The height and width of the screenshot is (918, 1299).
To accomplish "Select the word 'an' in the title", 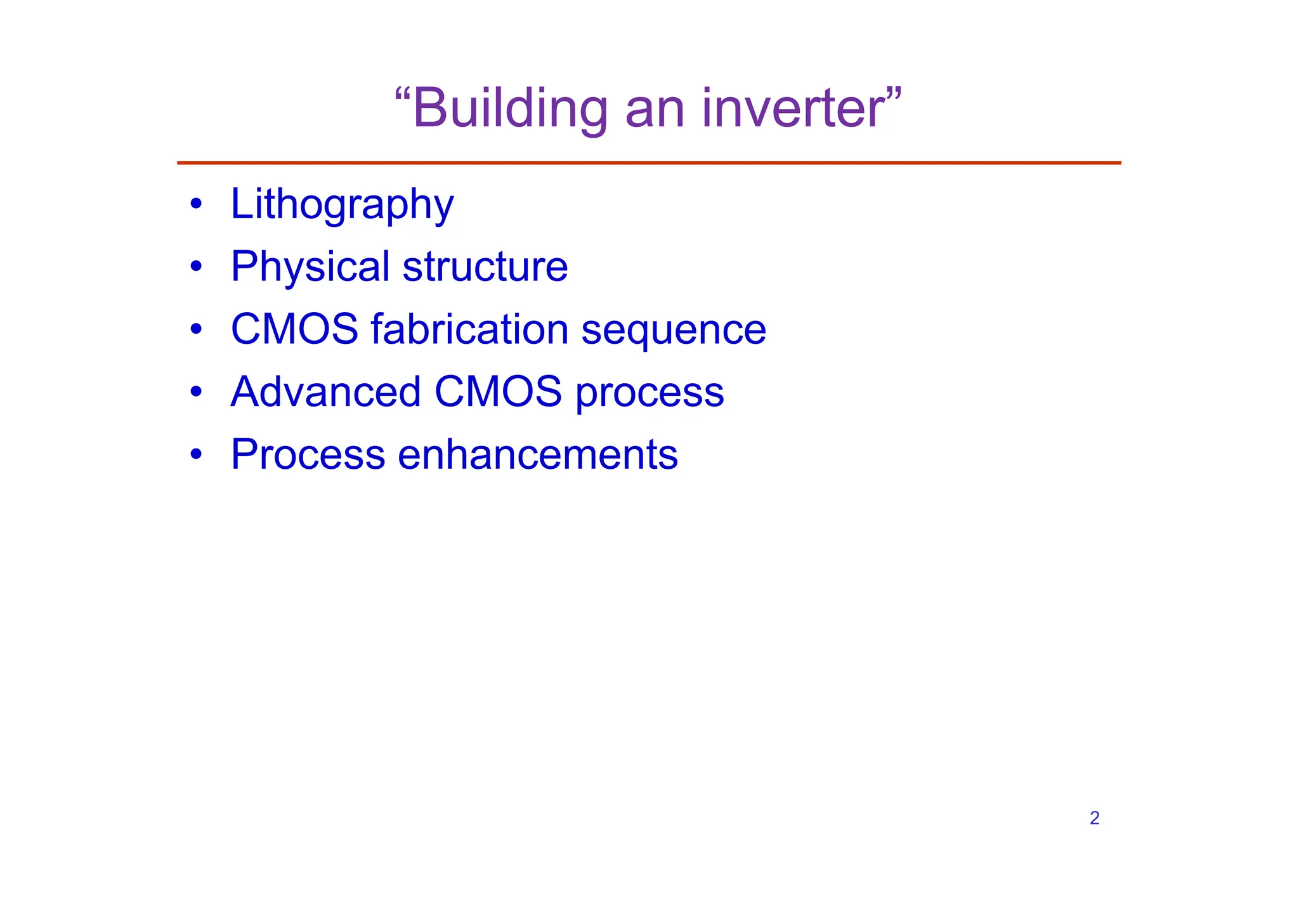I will [x=655, y=109].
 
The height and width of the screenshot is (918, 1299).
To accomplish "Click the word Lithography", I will [x=342, y=204].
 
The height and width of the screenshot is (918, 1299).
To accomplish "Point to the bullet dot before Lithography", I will [x=196, y=204].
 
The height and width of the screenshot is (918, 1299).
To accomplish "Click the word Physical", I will [x=310, y=266].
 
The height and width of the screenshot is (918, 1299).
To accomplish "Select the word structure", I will [x=485, y=266].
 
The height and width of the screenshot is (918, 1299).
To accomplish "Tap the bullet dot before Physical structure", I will [x=196, y=266].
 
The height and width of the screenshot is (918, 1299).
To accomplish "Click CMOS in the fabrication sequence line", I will [x=294, y=329].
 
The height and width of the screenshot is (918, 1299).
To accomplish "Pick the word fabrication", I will [x=469, y=329].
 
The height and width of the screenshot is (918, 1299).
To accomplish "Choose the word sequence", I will [x=674, y=331].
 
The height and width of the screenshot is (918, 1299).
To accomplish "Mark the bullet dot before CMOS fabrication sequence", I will [x=196, y=329].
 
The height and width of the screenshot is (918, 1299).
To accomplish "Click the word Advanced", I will [x=326, y=391].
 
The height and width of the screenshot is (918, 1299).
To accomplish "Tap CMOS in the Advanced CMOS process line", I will [x=498, y=391].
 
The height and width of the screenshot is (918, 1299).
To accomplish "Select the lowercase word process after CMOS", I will [x=649, y=393].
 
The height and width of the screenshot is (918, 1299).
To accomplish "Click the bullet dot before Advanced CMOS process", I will [x=196, y=391].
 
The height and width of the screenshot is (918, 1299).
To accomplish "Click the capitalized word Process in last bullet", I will [x=308, y=454].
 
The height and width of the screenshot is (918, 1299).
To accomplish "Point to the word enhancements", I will [x=537, y=454].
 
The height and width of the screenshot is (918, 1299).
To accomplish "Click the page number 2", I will [x=1094, y=818].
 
